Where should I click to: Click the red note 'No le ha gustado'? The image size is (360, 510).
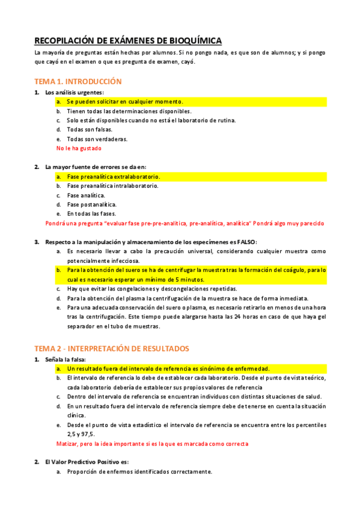click(x=79, y=148)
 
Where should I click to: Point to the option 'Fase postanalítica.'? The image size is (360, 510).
click(x=92, y=204)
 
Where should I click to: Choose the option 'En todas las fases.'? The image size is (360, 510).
click(x=92, y=214)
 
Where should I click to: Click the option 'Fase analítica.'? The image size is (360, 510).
click(x=86, y=195)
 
